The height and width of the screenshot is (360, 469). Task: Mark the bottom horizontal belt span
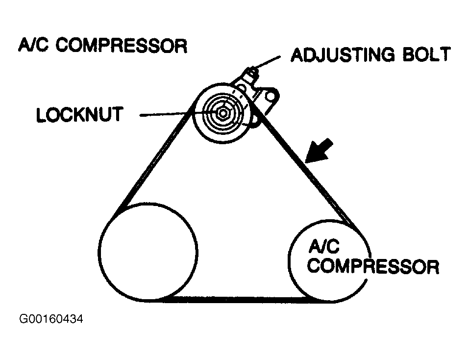(235, 299)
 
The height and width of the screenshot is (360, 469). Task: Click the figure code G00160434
(51, 319)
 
